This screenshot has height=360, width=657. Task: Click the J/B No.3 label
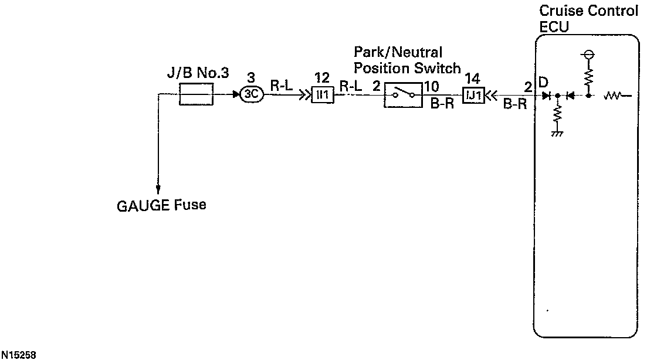(197, 74)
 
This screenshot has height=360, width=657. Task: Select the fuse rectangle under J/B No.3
(195, 94)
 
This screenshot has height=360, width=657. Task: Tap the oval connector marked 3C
(252, 94)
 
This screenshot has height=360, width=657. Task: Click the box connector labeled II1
(323, 94)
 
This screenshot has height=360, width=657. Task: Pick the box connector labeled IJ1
(474, 94)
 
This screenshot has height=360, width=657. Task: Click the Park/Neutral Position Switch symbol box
(403, 94)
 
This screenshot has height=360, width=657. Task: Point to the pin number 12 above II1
(321, 77)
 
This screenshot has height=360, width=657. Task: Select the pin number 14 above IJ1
(472, 77)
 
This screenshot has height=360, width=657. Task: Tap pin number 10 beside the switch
(431, 87)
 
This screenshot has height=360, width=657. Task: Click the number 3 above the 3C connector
(250, 77)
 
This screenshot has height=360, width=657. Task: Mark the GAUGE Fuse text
(162, 206)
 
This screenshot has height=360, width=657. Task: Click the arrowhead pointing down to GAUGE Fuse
(158, 188)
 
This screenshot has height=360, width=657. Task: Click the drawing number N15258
(19, 355)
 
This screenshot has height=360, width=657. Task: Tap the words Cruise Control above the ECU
(588, 11)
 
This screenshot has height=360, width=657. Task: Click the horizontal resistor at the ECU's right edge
(615, 94)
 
